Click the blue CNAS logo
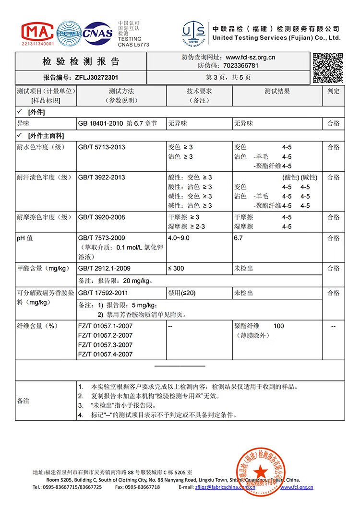pyautogui.click(x=98, y=33)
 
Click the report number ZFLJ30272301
pyautogui.click(x=96, y=77)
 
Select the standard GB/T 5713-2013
pyautogui.click(x=101, y=147)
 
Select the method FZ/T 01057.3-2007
pyautogui.click(x=105, y=345)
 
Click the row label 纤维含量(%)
pyautogui.click(x=37, y=326)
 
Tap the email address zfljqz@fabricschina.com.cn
pyautogui.click(x=225, y=487)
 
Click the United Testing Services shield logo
pyautogui.click(x=194, y=34)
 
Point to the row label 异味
pyautogui.click(x=24, y=123)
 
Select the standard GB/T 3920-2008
pyautogui.click(x=101, y=217)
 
